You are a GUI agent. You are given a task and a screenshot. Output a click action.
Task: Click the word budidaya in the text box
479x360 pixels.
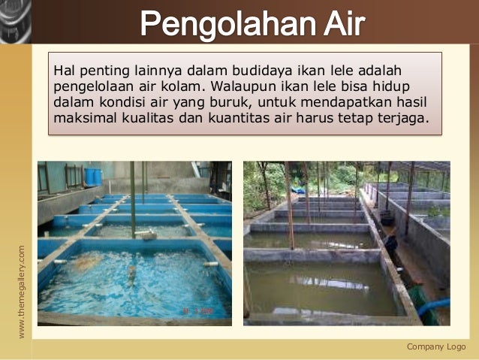coord(247,71)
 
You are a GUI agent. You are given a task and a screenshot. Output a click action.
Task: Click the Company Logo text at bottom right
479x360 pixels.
coord(436,346)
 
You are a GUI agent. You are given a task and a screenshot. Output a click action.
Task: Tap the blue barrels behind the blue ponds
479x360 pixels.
coord(93,177)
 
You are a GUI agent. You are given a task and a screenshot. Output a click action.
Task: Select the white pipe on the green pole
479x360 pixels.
coord(147,235)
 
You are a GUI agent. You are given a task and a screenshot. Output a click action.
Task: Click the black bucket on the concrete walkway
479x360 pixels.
coord(387,218)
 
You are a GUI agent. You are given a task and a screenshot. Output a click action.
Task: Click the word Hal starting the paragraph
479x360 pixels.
coord(64,71)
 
